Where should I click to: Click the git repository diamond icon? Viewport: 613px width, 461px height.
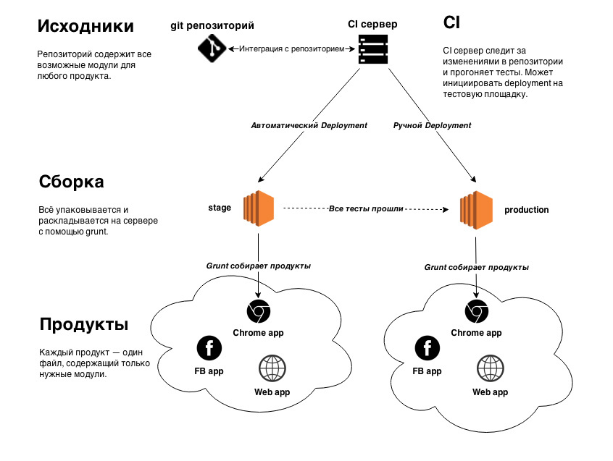tap(212, 49)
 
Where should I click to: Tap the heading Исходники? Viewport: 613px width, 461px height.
tap(86, 26)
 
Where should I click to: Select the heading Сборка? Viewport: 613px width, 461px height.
tap(71, 181)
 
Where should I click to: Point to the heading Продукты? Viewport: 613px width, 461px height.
tap(84, 323)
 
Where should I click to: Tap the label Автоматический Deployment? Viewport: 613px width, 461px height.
tap(309, 125)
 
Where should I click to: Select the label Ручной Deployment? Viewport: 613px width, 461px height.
tap(432, 125)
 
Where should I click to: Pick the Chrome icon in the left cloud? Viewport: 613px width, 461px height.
tap(258, 312)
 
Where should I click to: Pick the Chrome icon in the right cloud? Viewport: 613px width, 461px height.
tap(476, 312)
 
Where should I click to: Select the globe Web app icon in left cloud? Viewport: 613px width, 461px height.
tap(272, 369)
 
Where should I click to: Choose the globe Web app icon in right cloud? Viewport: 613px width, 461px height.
tap(490, 369)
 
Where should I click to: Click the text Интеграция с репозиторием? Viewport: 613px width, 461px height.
tap(291, 49)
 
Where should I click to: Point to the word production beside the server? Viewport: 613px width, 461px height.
tap(527, 210)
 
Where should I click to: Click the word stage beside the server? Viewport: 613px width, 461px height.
tap(220, 208)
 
